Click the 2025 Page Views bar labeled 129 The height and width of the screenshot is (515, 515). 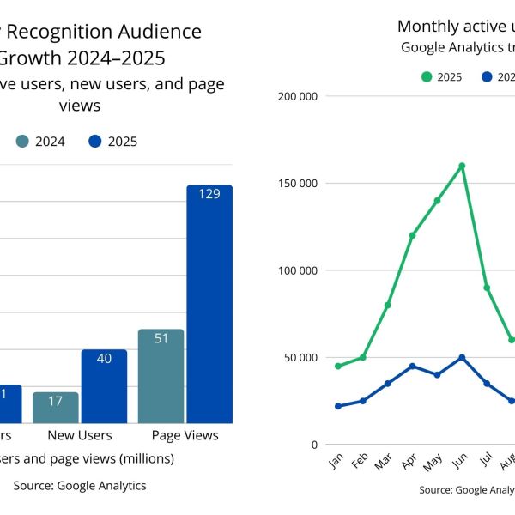coord(209,304)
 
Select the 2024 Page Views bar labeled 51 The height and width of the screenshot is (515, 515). coord(161,376)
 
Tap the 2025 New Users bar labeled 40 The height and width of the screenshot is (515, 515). coord(104,386)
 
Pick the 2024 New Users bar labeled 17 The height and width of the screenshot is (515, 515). coord(56,408)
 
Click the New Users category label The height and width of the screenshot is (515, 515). coord(80,435)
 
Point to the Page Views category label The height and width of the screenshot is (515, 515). coord(185,435)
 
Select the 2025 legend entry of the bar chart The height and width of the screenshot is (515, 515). coord(112,142)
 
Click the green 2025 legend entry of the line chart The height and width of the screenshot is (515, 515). coord(441,77)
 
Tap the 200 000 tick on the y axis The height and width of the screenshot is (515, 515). coord(299,96)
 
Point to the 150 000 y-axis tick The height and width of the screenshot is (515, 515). coord(299,184)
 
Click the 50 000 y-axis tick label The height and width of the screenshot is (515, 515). coord(301,358)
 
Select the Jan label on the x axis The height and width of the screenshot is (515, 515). coord(336,461)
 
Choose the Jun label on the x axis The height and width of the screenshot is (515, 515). coord(461,461)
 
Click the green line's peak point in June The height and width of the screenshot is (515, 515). coord(462,166)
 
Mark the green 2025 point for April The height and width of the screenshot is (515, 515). coord(412,235)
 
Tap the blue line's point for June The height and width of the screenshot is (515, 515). coord(462,357)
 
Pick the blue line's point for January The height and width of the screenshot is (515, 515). coord(337,406)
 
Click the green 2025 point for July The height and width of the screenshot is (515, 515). coord(487,288)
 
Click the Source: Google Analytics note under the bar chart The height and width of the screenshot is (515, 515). coord(80,486)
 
